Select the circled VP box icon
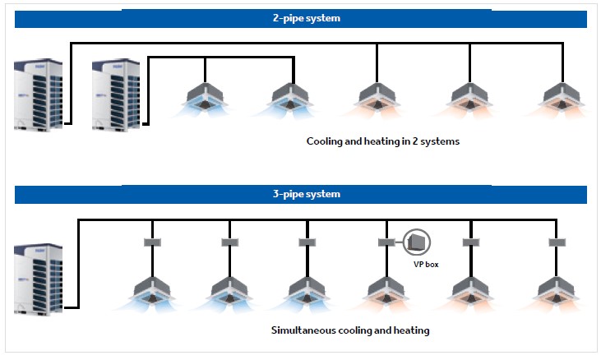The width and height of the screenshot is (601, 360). coord(418,241)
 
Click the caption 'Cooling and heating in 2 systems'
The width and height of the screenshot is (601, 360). coord(383,141)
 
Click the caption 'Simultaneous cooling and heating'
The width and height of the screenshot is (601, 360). coord(349,331)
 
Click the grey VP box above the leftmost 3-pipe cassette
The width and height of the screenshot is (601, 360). coord(152,242)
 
